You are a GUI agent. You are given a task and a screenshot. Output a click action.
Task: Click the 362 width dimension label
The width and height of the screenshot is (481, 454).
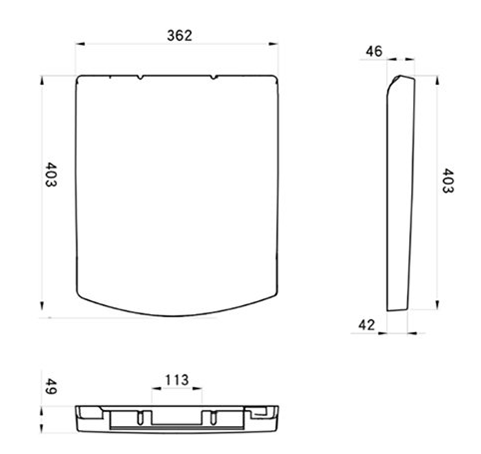[179, 36]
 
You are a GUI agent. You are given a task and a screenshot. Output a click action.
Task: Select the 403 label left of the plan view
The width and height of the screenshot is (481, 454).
[51, 174]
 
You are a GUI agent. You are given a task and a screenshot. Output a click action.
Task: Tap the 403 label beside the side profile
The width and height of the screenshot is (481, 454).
[447, 181]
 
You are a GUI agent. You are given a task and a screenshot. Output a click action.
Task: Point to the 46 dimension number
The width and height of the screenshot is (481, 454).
[374, 52]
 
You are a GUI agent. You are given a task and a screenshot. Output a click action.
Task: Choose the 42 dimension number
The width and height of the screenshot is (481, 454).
[366, 325]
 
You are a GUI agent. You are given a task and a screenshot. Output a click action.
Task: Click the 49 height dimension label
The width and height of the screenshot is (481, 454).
[51, 387]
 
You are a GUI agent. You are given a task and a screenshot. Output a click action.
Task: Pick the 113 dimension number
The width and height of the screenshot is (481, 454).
[177, 380]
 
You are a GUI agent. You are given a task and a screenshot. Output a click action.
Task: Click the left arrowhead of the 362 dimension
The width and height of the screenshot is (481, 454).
[80, 44]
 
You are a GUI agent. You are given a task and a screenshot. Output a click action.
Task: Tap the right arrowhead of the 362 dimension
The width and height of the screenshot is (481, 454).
[273, 44]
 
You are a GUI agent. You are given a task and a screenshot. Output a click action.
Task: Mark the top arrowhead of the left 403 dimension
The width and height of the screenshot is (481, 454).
[42, 80]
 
